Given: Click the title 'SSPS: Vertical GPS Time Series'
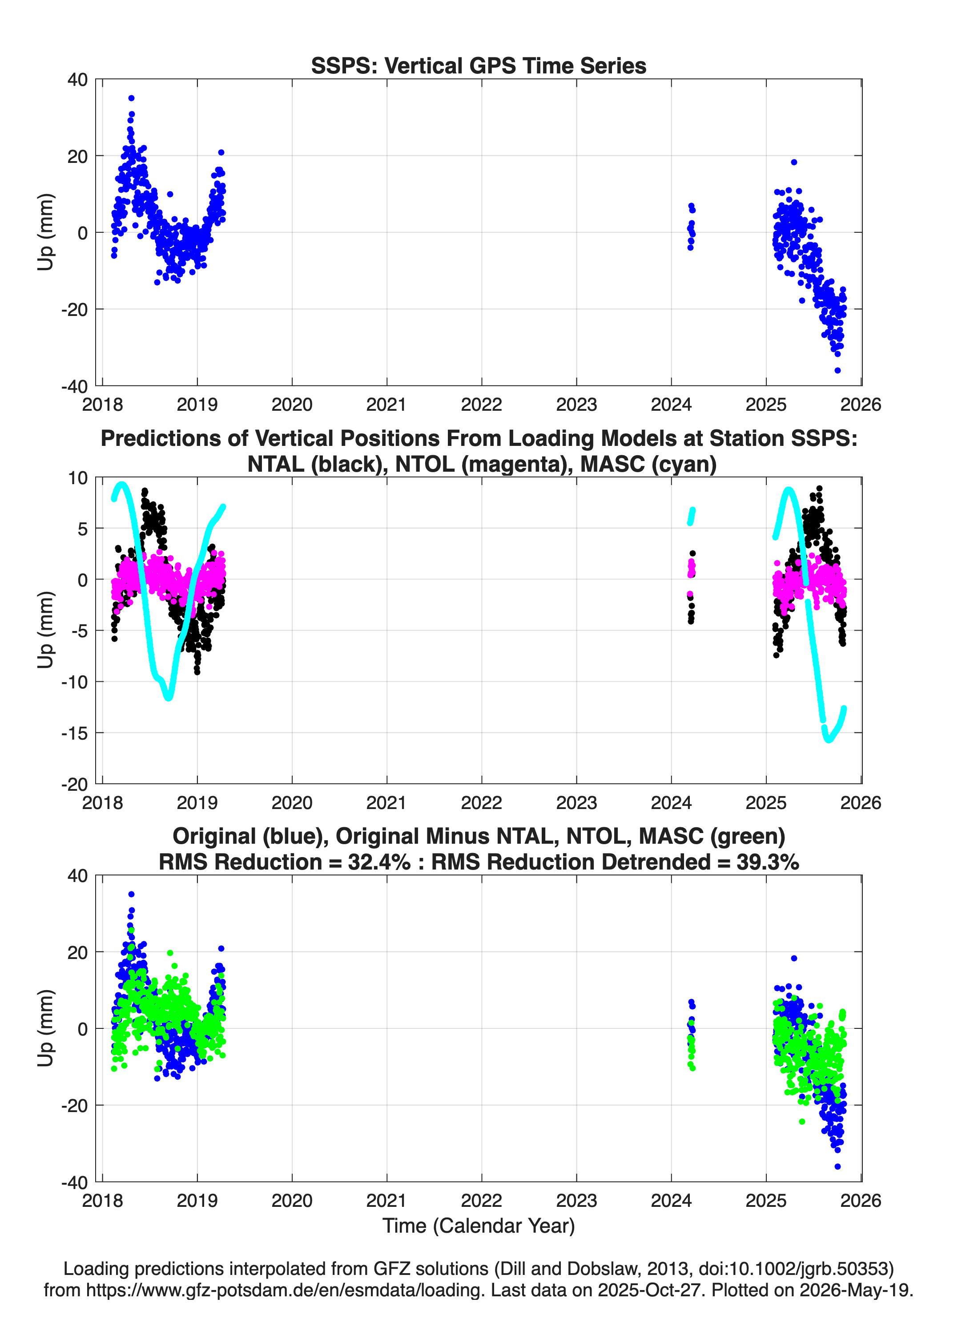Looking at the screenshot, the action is pyautogui.click(x=479, y=65).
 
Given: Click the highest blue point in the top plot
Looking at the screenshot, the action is pyautogui.click(x=132, y=98).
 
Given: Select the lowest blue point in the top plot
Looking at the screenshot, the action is pyautogui.click(x=837, y=370).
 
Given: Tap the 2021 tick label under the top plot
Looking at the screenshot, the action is pyautogui.click(x=386, y=405).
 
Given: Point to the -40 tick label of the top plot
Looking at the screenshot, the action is pyautogui.click(x=74, y=386).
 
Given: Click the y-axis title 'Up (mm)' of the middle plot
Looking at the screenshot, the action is pyautogui.click(x=46, y=630).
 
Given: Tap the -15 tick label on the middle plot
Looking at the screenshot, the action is pyautogui.click(x=74, y=733).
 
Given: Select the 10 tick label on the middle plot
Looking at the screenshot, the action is pyautogui.click(x=78, y=478).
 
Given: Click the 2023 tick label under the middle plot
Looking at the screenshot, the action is pyautogui.click(x=576, y=803).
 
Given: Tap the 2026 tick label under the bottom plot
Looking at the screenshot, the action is pyautogui.click(x=860, y=1201).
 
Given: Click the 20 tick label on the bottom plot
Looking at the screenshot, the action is pyautogui.click(x=78, y=953).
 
